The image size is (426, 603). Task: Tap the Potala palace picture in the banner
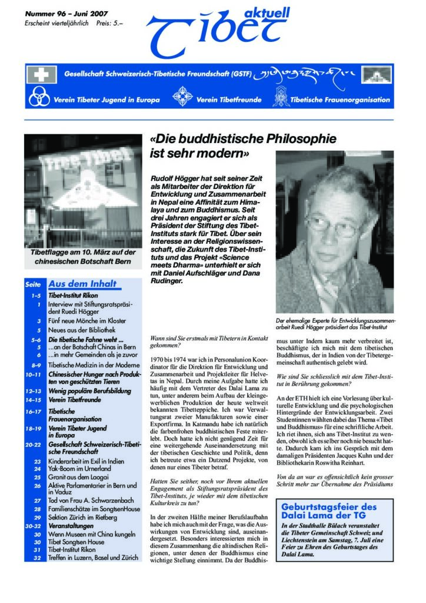pos(376,75)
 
